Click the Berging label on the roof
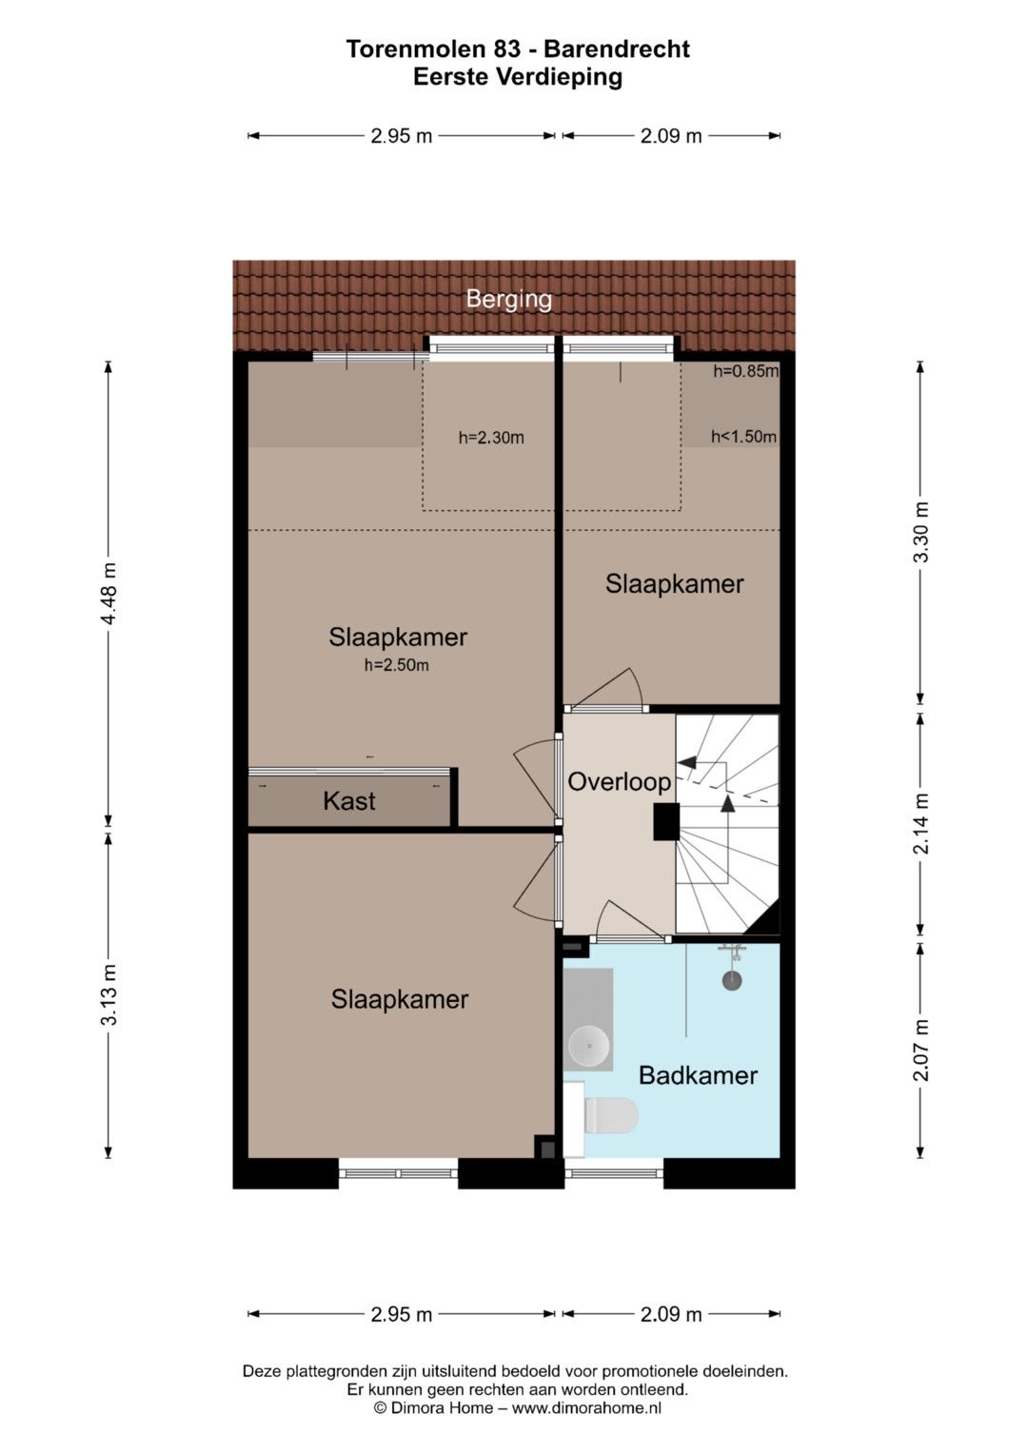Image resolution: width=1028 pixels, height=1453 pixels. pyautogui.click(x=509, y=299)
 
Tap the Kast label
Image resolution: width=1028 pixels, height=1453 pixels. pyautogui.click(x=349, y=801)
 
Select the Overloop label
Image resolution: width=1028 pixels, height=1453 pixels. pyautogui.click(x=619, y=781)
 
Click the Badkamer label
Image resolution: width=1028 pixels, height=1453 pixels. pyautogui.click(x=698, y=1075)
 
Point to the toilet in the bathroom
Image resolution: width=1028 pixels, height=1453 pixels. pyautogui.click(x=610, y=1115)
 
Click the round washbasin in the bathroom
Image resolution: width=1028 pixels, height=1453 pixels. pyautogui.click(x=588, y=1045)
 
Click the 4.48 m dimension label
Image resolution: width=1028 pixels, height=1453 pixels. pyautogui.click(x=109, y=594)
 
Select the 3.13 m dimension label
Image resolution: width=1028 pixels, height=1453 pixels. pyautogui.click(x=109, y=994)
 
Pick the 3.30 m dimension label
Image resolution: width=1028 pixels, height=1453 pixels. pyautogui.click(x=920, y=532)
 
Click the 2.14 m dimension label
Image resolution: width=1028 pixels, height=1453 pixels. pyautogui.click(x=920, y=824)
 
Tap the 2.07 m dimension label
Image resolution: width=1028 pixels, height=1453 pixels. pyautogui.click(x=920, y=1050)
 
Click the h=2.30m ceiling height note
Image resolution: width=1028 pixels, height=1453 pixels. pyautogui.click(x=491, y=438)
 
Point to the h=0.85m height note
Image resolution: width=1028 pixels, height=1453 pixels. pyautogui.click(x=745, y=371)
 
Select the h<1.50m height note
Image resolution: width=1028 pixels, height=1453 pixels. pyautogui.click(x=743, y=437)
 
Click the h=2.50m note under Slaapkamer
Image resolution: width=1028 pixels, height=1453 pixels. pyautogui.click(x=397, y=665)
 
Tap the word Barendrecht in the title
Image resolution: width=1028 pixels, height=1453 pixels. pyautogui.click(x=617, y=49)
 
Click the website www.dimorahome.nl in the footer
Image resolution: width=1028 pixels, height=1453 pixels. pyautogui.click(x=586, y=1407)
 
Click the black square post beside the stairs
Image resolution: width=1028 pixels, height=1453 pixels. pyautogui.click(x=666, y=822)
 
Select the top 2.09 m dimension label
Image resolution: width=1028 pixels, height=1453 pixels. pyautogui.click(x=671, y=135)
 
